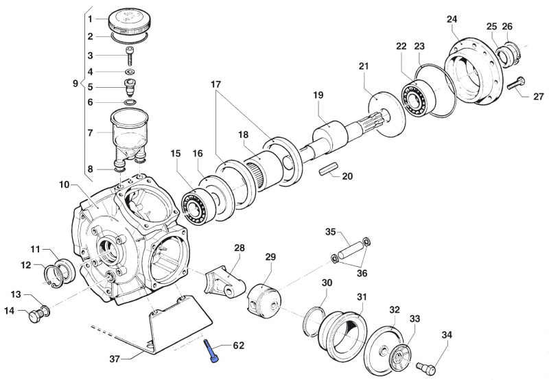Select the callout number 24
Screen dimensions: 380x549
(452, 19)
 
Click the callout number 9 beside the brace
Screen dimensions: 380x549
(75, 84)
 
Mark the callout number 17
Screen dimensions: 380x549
(215, 86)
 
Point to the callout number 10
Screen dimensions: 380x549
(64, 185)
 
